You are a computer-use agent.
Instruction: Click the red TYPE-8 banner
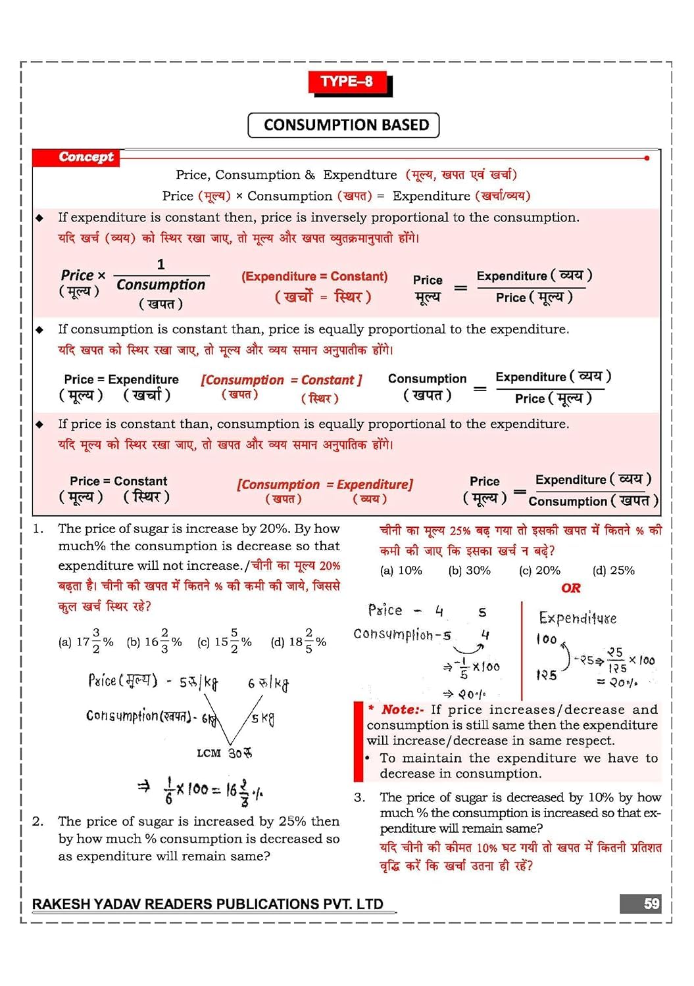(347, 82)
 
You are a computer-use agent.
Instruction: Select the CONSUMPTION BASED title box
(343, 125)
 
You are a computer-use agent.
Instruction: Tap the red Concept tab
(86, 157)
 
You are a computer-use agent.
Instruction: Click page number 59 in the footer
(651, 904)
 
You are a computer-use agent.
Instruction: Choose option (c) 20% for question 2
(539, 571)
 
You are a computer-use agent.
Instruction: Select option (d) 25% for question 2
(613, 571)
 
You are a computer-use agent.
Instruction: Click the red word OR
(570, 588)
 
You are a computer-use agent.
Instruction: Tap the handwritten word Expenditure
(577, 618)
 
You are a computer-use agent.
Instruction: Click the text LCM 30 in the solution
(224, 753)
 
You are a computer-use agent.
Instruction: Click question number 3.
(359, 797)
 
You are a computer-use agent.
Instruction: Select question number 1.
(38, 528)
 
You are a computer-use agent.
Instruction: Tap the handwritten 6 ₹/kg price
(268, 683)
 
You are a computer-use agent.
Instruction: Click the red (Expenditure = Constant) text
(314, 277)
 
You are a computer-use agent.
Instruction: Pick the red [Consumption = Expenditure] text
(324, 484)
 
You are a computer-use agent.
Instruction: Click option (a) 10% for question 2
(401, 571)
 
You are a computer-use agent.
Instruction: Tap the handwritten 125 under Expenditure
(546, 675)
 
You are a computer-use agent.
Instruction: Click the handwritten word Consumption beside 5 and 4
(396, 634)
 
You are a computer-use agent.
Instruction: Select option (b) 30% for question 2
(469, 571)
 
